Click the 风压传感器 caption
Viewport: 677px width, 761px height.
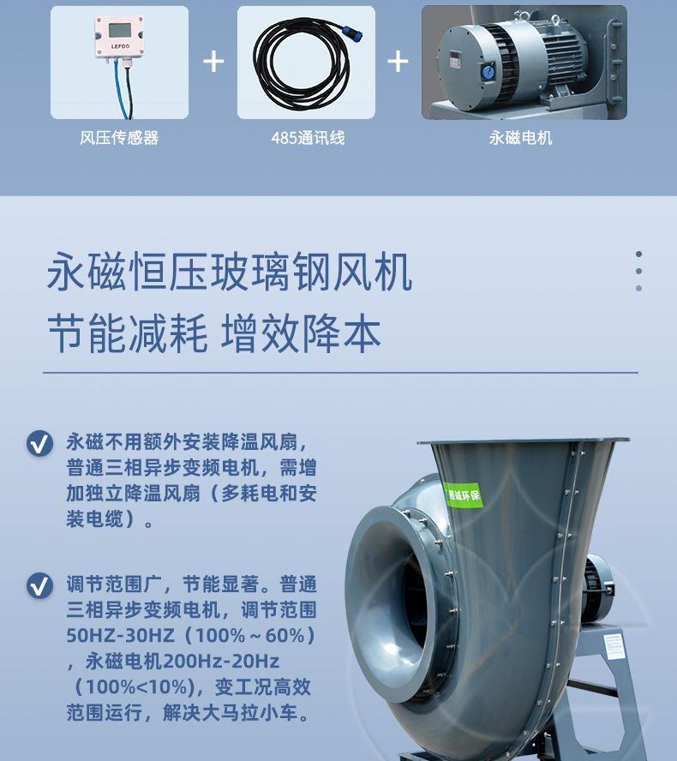[119, 138]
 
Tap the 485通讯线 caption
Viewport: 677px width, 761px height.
[307, 138]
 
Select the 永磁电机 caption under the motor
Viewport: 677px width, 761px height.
[521, 138]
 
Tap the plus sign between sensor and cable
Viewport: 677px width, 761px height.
[213, 61]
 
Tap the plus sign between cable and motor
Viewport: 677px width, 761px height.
[398, 61]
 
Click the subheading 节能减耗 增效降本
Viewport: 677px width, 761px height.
[213, 333]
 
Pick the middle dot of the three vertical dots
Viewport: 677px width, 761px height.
[638, 271]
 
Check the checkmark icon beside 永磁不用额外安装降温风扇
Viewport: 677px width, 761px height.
[39, 444]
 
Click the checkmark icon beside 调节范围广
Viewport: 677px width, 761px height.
[39, 586]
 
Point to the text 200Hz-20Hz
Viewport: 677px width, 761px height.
[225, 662]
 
